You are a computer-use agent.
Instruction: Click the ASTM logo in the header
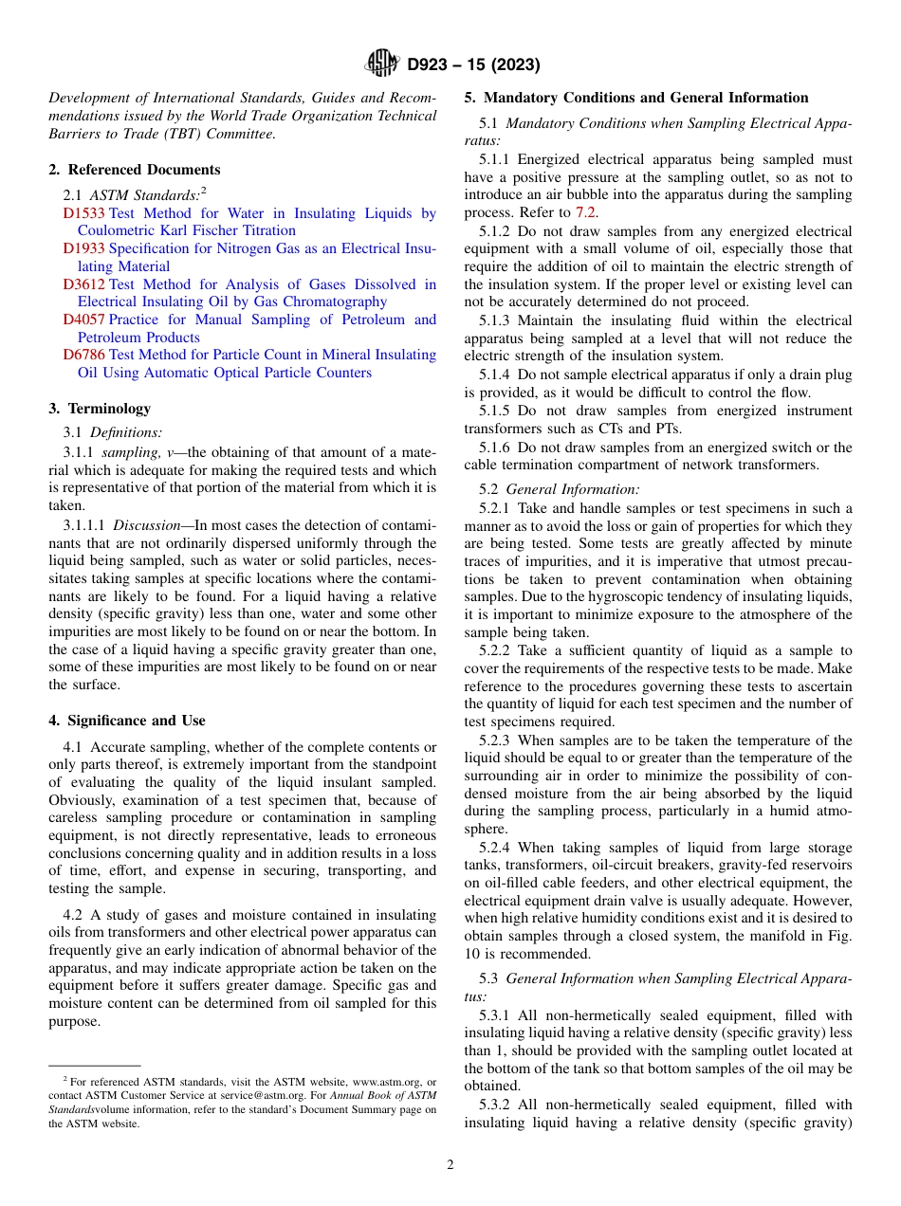[x=383, y=64]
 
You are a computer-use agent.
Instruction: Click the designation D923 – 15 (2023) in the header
[x=473, y=65]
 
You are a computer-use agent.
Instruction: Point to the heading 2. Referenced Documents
[x=134, y=170]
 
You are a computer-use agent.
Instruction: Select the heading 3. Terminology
[x=99, y=409]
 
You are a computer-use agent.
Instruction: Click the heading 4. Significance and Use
[x=126, y=721]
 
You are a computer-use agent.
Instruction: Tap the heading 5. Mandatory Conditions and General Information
[x=636, y=98]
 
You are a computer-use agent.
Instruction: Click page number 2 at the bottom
[x=450, y=1165]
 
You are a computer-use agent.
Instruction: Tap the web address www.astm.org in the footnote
[x=386, y=1081]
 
